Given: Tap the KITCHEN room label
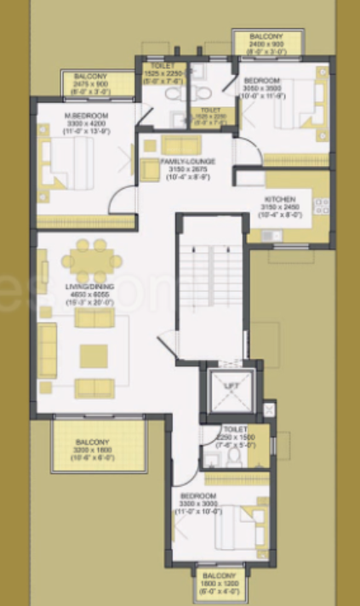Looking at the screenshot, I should pyautogui.click(x=280, y=198).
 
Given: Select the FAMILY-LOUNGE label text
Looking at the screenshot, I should pyautogui.click(x=186, y=161).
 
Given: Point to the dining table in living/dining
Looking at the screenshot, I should pyautogui.click(x=89, y=258).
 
